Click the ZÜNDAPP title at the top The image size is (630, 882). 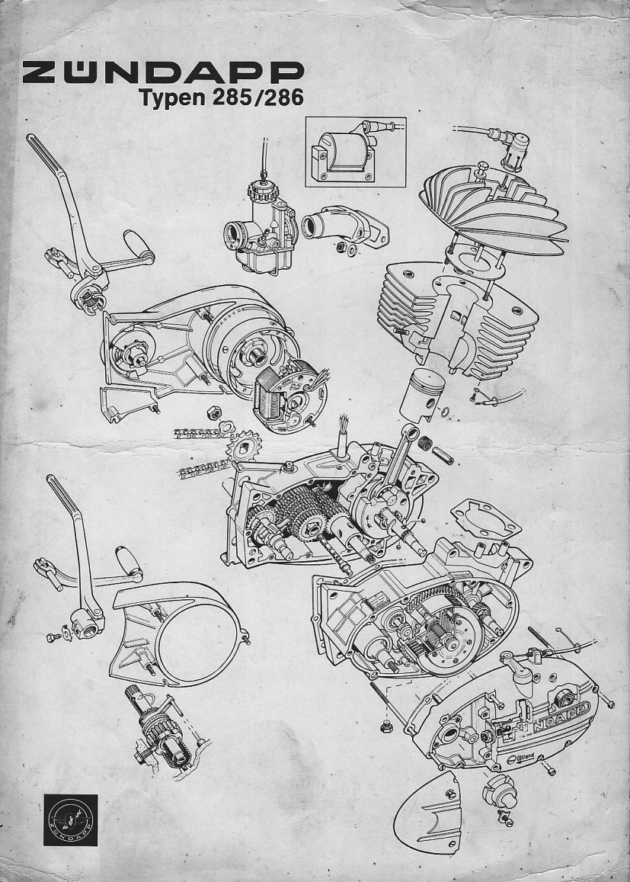(x=163, y=74)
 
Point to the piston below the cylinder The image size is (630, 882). (x=428, y=395)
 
